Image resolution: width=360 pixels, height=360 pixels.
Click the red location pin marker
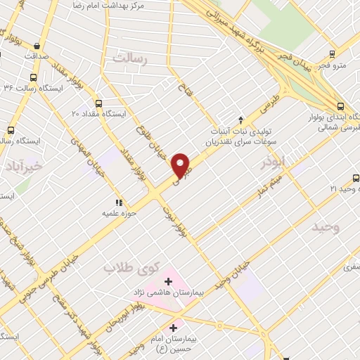(182, 166)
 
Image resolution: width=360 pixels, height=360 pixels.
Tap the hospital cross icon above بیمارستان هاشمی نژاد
(168, 281)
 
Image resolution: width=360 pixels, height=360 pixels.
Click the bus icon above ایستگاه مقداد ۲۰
(98, 103)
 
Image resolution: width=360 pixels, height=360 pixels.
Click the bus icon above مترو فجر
(333, 52)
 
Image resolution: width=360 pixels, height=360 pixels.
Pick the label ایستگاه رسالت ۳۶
(38, 89)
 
